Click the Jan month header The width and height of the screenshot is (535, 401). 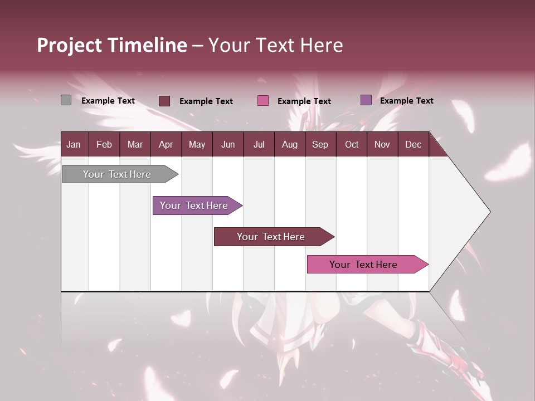tap(74, 144)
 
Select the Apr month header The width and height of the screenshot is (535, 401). tap(166, 144)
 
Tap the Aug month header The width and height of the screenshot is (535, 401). tap(289, 144)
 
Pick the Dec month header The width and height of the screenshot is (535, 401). tap(413, 144)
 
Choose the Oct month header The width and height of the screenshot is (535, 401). tap(352, 144)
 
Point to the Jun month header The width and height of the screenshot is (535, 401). tap(228, 144)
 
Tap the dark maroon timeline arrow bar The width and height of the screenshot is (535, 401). tap(271, 237)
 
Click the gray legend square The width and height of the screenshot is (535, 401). tap(66, 100)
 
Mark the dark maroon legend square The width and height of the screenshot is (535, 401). tap(164, 101)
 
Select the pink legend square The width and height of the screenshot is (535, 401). tap(263, 101)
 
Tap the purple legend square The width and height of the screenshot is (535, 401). tap(366, 100)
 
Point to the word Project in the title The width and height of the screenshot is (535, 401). tap(70, 45)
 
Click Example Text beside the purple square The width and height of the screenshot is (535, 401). tap(406, 101)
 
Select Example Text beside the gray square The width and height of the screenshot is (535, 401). tap(108, 101)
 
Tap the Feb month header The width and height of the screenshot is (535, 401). tap(104, 144)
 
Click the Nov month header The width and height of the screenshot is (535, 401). tap(382, 144)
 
